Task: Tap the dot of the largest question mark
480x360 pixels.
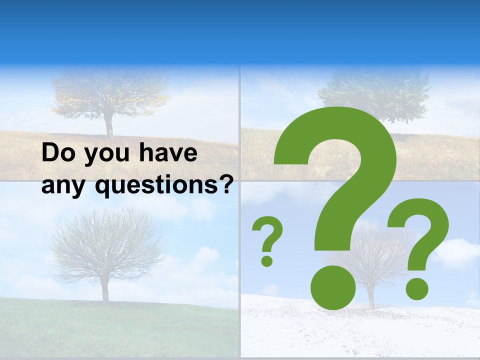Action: [333, 287]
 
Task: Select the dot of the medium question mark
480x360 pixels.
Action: [416, 288]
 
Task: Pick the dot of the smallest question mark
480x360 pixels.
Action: [267, 260]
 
